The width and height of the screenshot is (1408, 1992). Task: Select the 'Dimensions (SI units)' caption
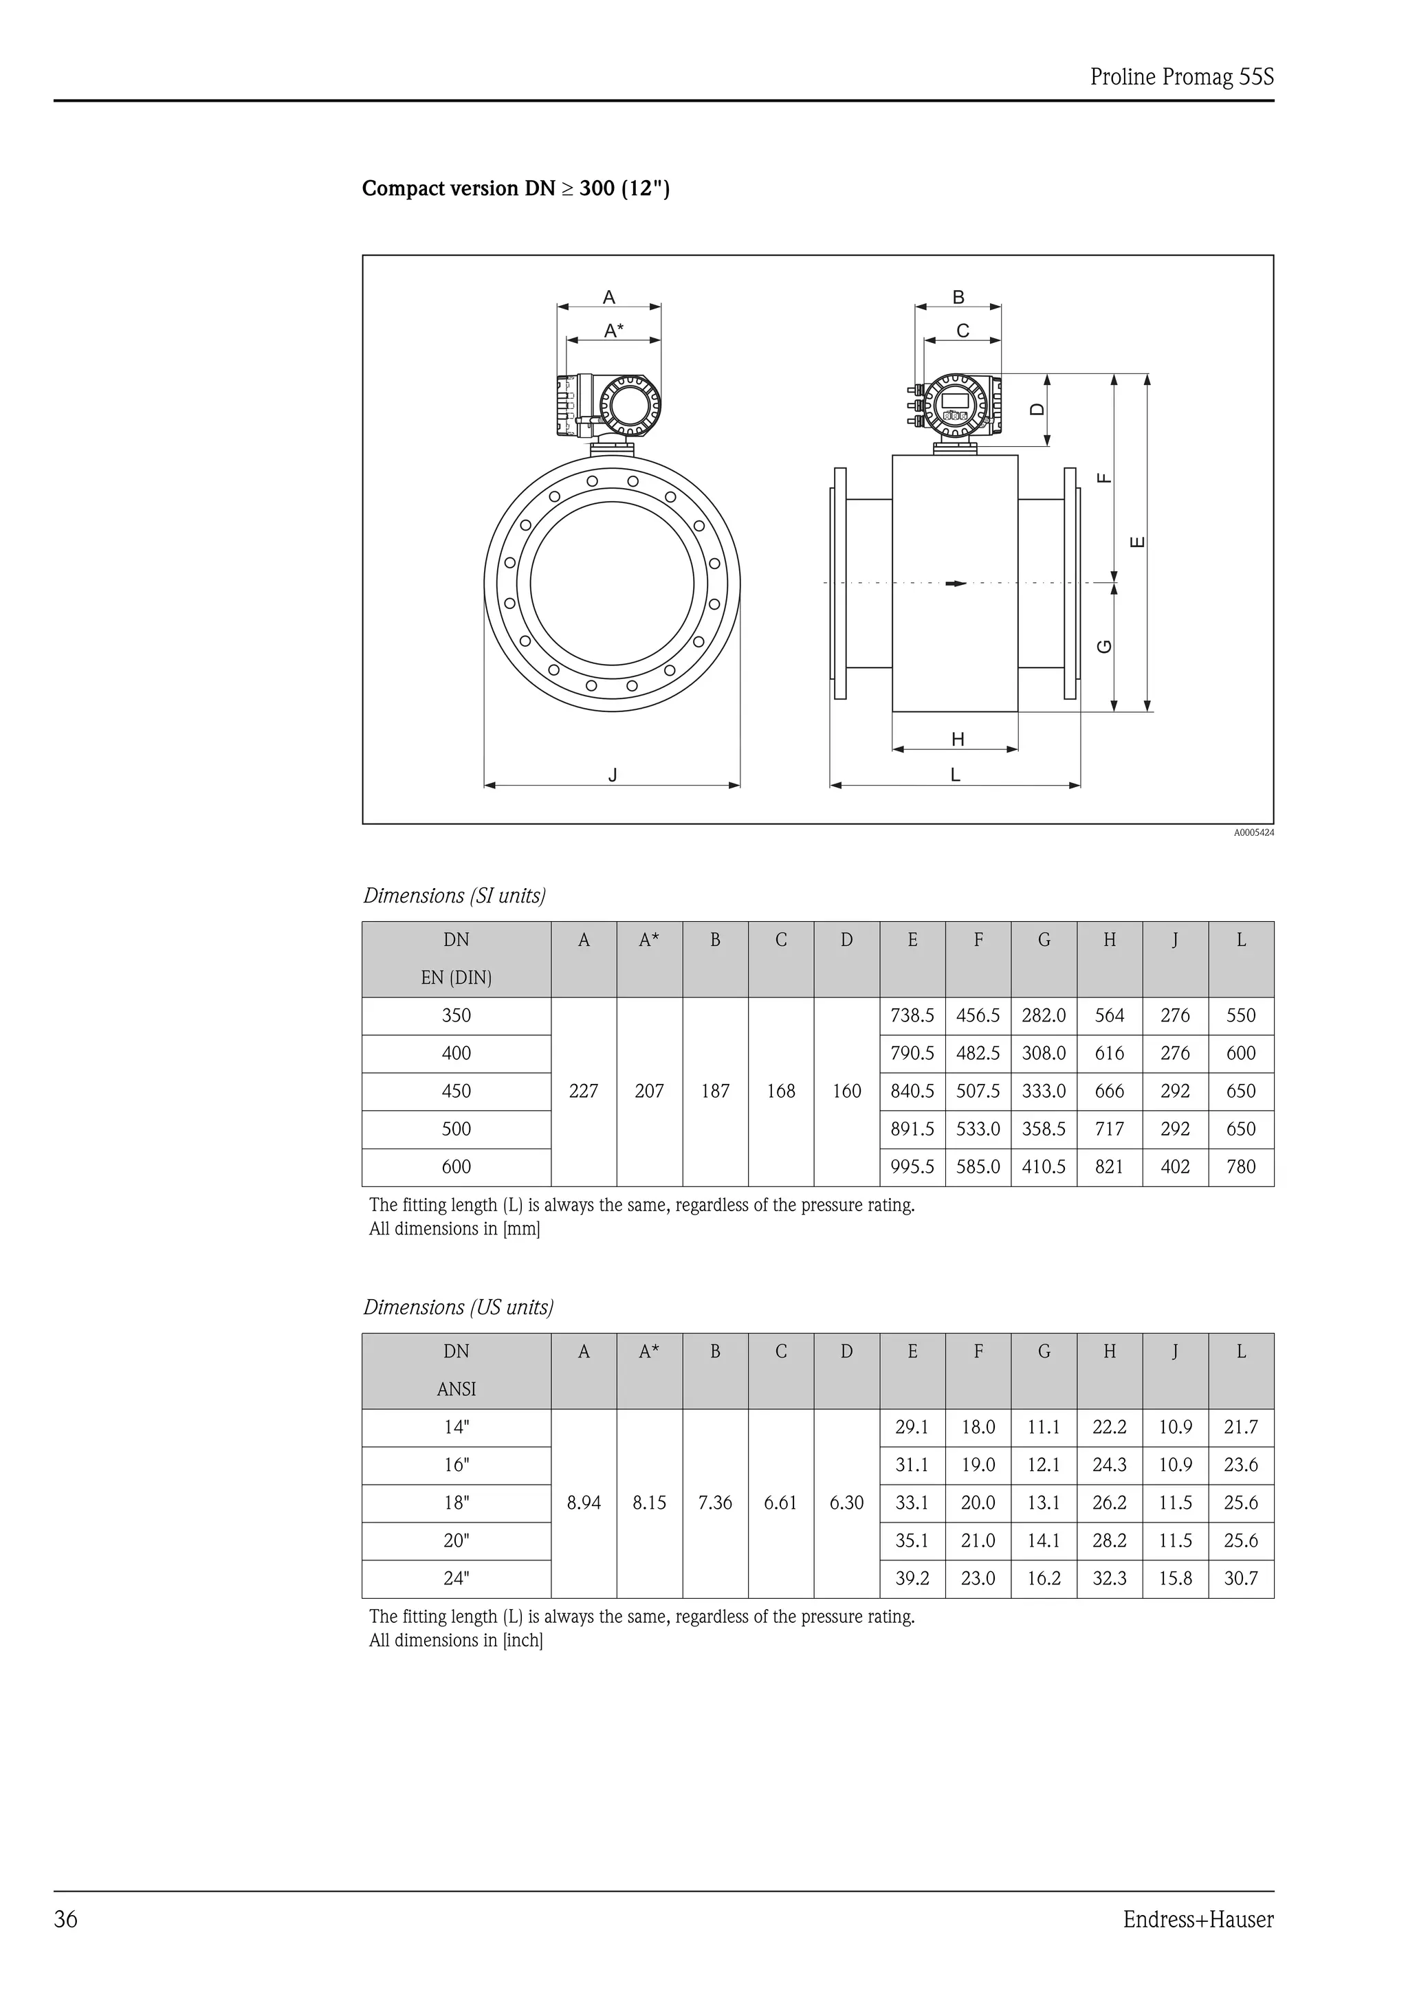(454, 896)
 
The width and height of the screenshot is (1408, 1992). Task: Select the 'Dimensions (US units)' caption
(458, 1307)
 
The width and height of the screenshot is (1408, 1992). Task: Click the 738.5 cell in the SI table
(912, 1015)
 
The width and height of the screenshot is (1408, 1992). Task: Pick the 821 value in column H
(1109, 1167)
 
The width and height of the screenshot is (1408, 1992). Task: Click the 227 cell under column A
(583, 1091)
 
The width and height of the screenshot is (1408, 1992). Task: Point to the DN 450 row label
(456, 1091)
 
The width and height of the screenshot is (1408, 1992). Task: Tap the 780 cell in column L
(1240, 1167)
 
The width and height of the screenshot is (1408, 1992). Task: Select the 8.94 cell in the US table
(583, 1503)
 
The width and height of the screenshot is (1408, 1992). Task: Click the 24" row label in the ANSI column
(456, 1578)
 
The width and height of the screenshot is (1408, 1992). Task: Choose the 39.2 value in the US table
(912, 1578)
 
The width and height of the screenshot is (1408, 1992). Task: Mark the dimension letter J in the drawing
(613, 775)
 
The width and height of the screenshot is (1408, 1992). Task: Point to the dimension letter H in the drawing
(958, 739)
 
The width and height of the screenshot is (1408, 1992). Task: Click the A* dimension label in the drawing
(613, 331)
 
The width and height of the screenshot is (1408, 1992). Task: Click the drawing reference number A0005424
(1253, 833)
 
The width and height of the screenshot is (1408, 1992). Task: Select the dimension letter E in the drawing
(1138, 543)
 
